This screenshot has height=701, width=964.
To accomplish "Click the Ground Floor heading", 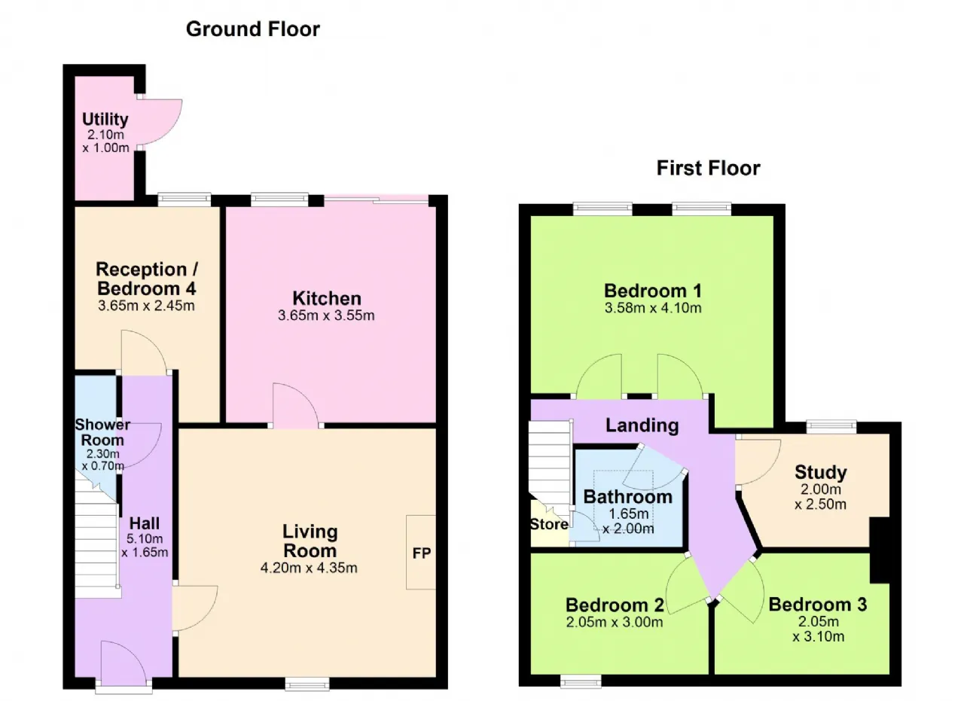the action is click(252, 29).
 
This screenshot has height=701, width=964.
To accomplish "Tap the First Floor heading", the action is click(708, 168).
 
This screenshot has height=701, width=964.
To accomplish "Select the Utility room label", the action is click(105, 119).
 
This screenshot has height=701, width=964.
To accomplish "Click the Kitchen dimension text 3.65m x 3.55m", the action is click(326, 315).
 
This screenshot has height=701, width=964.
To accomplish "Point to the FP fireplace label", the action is click(421, 553).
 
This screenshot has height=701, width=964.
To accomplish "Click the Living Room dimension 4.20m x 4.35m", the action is click(309, 568).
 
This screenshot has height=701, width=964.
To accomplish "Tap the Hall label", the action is click(145, 523).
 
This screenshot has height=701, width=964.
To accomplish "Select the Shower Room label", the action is click(102, 432).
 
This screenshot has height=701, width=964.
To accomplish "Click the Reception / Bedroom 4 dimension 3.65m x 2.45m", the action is click(146, 306).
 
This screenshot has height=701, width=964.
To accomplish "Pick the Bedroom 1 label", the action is click(653, 291).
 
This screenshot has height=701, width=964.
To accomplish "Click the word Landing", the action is click(642, 425).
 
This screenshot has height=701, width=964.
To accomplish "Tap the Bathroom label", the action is click(628, 497).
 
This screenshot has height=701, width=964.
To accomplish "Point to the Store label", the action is click(549, 524).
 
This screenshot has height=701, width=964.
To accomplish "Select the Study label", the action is click(821, 472).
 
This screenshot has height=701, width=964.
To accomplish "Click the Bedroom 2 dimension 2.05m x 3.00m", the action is click(615, 622).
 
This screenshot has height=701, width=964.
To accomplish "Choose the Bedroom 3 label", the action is click(818, 605).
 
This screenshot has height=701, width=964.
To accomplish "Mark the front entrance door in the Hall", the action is click(124, 663).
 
